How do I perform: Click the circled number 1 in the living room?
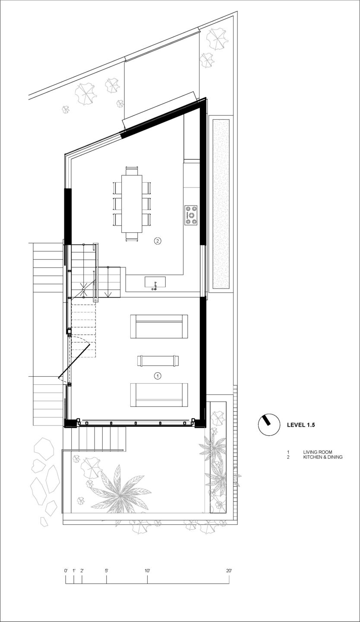pos(158,376)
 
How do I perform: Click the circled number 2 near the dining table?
pos(158,241)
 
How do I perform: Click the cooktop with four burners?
pos(191,215)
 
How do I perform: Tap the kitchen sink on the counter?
pos(155,282)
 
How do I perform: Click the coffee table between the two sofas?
pos(158,361)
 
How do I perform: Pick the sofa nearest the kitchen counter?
pos(159,326)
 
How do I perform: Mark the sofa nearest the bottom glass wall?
pos(159,395)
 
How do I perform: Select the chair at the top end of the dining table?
pos(132,170)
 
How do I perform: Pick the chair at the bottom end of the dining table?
pos(132,237)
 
